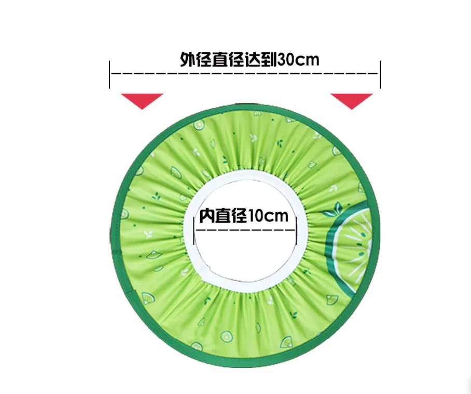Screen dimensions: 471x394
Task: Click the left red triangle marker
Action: (142, 99)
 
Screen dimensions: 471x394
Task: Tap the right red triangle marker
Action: (352, 99)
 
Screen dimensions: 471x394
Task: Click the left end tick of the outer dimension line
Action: (110, 74)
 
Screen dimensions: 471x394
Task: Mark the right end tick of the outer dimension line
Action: (380, 74)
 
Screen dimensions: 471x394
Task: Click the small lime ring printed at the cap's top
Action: (199, 124)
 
